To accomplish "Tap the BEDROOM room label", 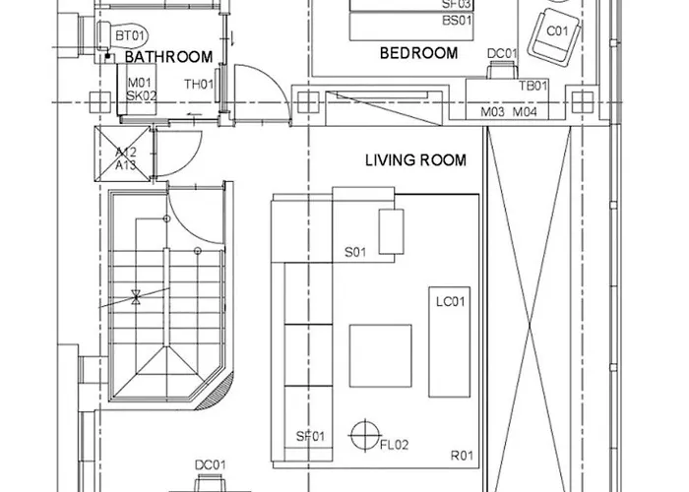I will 419,53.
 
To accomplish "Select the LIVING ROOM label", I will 415,159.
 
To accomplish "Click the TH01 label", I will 199,85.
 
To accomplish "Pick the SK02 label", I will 142,96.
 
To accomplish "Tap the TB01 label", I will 533,87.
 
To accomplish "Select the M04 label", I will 527,113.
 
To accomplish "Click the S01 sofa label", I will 355,253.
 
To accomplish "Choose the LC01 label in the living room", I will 450,302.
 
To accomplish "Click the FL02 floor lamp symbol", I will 365,433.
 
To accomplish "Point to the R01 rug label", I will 463,455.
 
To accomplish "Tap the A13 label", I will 126,165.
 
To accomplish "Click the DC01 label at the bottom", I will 211,465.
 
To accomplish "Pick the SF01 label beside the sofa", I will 312,436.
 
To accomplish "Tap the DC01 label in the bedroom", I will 502,53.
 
